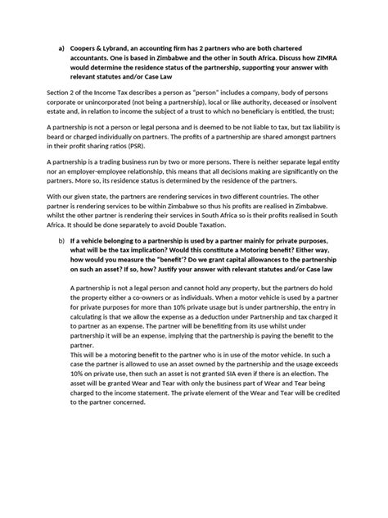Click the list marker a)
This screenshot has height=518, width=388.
60,48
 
